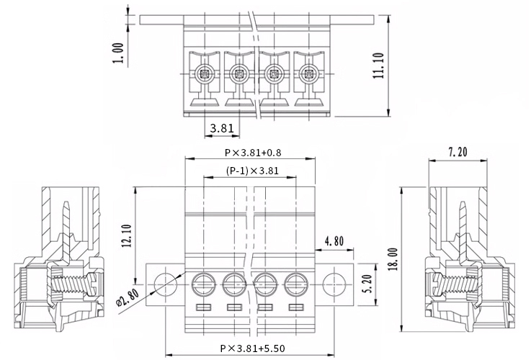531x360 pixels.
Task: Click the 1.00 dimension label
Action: (x=118, y=53)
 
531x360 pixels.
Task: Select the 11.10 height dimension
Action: (x=378, y=66)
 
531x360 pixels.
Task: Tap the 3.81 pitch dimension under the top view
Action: (x=222, y=128)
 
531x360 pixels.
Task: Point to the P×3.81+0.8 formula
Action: (x=253, y=153)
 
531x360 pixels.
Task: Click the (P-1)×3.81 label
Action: (x=252, y=171)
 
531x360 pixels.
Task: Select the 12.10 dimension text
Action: (x=127, y=236)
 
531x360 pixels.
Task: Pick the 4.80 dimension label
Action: (x=334, y=241)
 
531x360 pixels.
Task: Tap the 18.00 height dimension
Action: (x=393, y=259)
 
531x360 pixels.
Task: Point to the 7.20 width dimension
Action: (x=458, y=152)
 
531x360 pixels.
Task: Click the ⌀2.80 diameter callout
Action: (x=128, y=297)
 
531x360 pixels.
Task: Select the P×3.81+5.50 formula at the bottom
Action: (x=253, y=348)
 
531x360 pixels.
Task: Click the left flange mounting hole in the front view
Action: (x=166, y=284)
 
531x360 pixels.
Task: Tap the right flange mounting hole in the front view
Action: (x=334, y=284)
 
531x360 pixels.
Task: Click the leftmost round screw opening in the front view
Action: (x=203, y=284)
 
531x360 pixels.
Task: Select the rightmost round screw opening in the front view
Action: (x=296, y=284)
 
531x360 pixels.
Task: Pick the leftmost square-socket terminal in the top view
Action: (x=205, y=73)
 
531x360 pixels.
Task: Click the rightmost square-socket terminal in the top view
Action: (x=308, y=73)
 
